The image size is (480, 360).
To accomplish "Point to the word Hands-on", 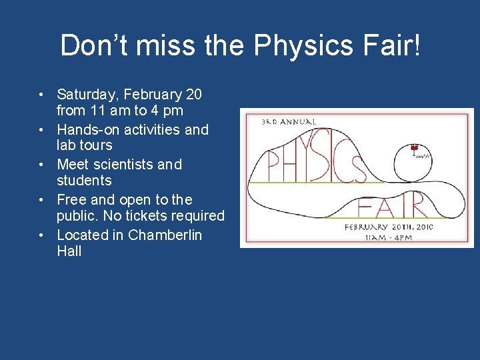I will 85,129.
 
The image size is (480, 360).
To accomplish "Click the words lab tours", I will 84,145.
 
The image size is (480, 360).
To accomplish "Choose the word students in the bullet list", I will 84,181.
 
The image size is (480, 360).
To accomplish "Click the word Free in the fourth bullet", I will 71,200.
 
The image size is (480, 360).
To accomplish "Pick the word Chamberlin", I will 165,235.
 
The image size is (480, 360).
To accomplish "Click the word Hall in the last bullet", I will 69,251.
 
